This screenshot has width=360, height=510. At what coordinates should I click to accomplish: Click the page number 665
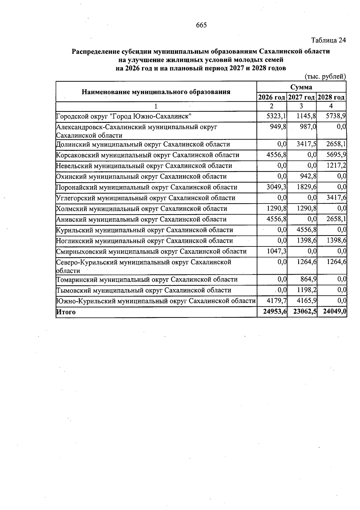(x=201, y=25)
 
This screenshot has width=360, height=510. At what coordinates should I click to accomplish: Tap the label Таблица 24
(x=328, y=40)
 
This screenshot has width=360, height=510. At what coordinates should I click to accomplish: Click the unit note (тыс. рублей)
(x=325, y=77)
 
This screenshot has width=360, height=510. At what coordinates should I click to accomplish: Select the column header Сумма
(x=301, y=87)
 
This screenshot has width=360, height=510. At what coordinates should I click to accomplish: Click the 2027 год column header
(x=301, y=97)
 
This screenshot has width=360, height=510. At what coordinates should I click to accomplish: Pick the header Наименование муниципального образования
(x=156, y=92)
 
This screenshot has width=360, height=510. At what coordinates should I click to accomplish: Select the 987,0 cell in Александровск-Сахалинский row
(x=308, y=127)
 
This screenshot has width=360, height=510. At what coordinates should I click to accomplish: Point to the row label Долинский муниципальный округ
(x=143, y=144)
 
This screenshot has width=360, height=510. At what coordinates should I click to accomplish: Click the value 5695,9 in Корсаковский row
(x=336, y=155)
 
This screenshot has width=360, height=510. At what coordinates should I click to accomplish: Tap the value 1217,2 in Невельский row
(x=336, y=166)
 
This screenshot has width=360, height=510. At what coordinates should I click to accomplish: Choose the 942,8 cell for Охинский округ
(x=308, y=177)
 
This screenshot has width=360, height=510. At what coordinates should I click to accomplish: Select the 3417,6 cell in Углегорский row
(x=336, y=198)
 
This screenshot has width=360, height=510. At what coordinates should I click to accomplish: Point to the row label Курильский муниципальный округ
(x=145, y=230)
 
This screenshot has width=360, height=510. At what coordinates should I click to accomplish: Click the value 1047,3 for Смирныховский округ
(x=276, y=251)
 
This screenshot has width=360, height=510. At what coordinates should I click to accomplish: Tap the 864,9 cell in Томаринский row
(x=308, y=279)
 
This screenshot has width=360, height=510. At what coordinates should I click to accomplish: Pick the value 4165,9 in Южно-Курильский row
(x=307, y=301)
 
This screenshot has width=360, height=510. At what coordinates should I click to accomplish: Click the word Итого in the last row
(x=66, y=312)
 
